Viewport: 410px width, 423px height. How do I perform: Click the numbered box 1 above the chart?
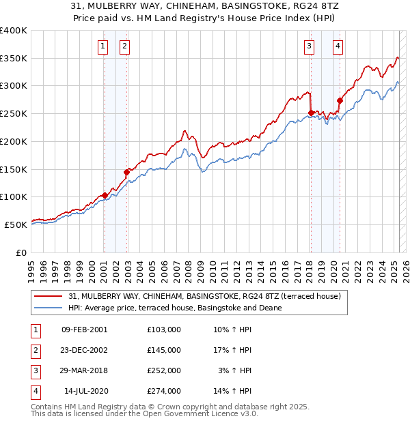click(102, 46)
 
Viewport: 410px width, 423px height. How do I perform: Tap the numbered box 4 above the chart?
click(338, 46)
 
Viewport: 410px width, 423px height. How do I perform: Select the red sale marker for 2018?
click(311, 113)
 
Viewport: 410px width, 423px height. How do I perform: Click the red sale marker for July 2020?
click(340, 100)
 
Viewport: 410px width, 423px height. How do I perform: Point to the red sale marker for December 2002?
click(126, 172)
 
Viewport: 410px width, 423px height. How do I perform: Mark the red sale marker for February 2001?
click(105, 195)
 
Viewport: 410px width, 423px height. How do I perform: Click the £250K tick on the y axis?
click(14, 113)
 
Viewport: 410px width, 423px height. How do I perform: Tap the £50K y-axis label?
click(16, 224)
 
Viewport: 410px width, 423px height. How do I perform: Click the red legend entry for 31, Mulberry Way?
click(209, 295)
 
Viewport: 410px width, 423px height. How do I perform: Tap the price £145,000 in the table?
click(164, 350)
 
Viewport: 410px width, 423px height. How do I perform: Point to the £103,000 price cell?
click(164, 330)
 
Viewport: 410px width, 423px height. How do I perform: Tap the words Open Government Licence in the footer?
click(197, 413)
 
